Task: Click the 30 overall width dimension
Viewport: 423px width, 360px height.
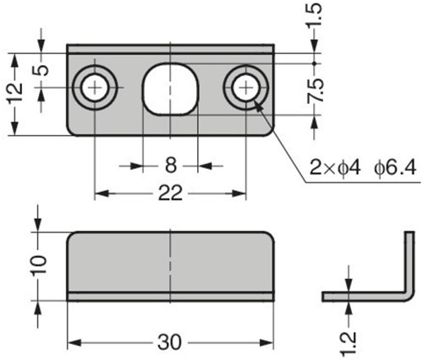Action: point(170,343)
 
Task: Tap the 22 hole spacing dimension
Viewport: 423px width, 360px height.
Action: point(170,194)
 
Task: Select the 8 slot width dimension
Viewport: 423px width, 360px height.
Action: point(171,166)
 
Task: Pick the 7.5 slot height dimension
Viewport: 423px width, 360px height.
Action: point(315,90)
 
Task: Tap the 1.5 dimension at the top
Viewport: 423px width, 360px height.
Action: point(314,14)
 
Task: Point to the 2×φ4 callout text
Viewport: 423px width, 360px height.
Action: point(335,168)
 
